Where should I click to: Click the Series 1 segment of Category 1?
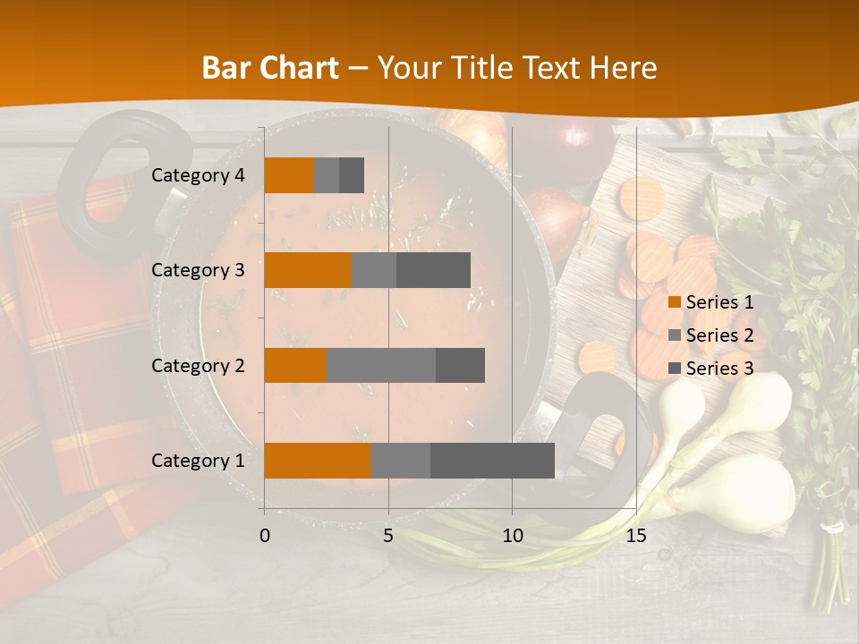click(318, 460)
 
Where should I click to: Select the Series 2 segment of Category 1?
click(400, 460)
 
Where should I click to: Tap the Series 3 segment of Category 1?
click(492, 460)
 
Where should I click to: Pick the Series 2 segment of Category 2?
click(381, 365)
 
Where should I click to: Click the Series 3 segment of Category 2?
click(460, 365)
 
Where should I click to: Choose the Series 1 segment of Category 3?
click(308, 270)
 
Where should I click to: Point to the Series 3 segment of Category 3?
click(433, 270)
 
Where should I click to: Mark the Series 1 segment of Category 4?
click(289, 175)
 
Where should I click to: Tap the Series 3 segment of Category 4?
click(352, 175)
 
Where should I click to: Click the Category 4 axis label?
click(198, 175)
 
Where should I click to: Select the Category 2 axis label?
click(198, 365)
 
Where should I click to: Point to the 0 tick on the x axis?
click(264, 536)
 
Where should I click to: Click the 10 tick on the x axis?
click(512, 536)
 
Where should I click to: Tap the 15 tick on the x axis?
click(635, 536)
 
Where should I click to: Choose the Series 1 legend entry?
click(710, 302)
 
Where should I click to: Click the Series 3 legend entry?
click(710, 369)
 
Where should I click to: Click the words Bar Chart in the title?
click(270, 67)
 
